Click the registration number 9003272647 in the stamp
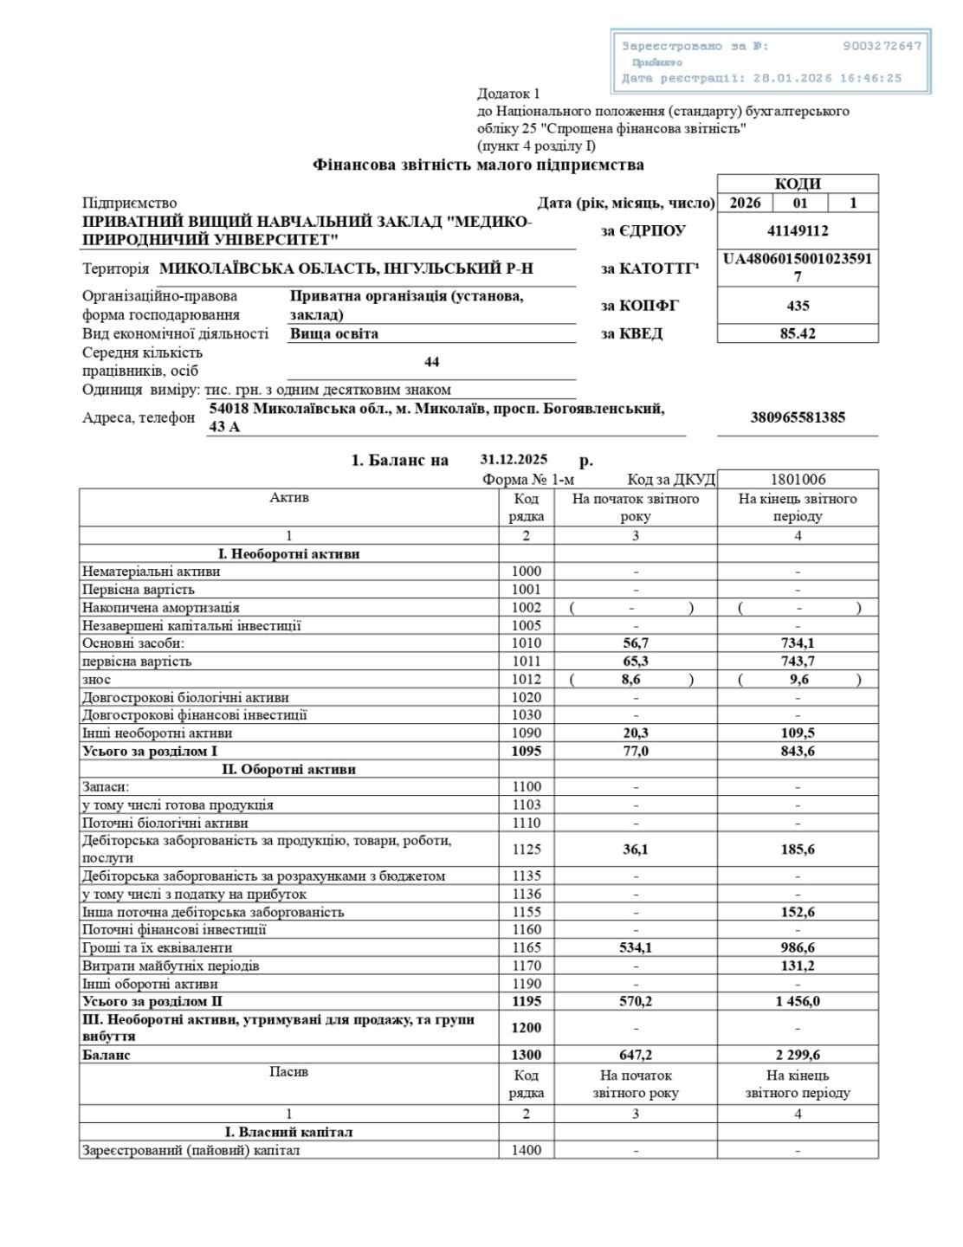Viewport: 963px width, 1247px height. tap(882, 46)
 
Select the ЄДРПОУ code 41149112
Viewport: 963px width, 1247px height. tap(797, 231)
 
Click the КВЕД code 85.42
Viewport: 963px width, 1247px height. tap(797, 333)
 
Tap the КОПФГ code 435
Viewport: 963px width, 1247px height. tap(797, 306)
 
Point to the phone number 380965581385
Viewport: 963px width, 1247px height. tap(797, 417)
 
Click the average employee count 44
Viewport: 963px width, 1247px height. tap(431, 362)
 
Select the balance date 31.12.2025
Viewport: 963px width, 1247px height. tap(514, 460)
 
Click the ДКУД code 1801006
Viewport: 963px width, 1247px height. tap(797, 480)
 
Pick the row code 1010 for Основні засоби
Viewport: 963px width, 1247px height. tap(526, 643)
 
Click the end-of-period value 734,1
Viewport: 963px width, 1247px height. tap(797, 643)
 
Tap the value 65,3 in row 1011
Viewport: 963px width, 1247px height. tap(635, 662)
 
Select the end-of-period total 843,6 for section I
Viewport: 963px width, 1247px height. tap(797, 752)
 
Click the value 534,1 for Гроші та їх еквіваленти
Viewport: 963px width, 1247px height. tap(635, 948)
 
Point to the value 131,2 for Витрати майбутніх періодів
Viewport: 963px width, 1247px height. tap(797, 966)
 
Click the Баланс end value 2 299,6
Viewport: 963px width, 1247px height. tap(797, 1056)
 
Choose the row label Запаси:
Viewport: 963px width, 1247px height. tap(106, 787)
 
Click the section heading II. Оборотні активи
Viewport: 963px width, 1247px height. tap(288, 769)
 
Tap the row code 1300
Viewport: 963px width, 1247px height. tap(526, 1056)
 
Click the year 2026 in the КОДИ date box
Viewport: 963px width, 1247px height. tap(745, 204)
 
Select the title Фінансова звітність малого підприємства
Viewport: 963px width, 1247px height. tap(478, 165)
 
